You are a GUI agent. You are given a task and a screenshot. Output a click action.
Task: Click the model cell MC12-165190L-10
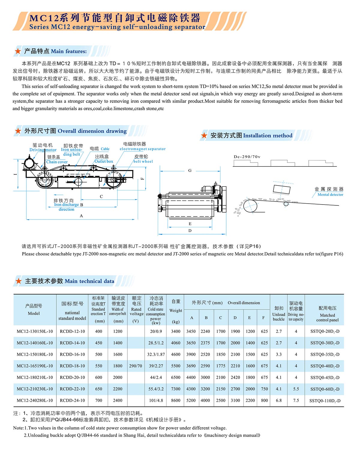point(35,366)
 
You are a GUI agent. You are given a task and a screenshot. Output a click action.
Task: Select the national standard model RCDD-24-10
point(72,400)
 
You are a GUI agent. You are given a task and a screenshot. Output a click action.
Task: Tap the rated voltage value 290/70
point(136,366)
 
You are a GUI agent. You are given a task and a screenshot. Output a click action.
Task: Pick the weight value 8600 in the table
point(176,400)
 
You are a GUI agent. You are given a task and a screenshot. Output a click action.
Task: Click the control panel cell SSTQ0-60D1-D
point(325,389)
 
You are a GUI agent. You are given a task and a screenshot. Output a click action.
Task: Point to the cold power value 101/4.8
point(156,400)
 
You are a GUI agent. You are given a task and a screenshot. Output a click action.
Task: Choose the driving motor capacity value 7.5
point(296,400)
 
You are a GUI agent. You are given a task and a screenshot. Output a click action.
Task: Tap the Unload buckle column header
point(279,314)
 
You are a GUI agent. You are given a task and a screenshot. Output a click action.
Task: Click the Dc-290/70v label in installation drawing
point(247,157)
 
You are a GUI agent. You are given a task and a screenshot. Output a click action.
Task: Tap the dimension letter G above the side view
point(190,170)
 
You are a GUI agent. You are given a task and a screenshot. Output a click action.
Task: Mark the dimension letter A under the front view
point(81,216)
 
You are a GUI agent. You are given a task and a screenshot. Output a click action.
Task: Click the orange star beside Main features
point(18,51)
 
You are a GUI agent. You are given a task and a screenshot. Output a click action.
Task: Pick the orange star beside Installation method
point(204,136)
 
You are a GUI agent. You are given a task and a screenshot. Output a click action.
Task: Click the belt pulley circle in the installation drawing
point(250,206)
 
